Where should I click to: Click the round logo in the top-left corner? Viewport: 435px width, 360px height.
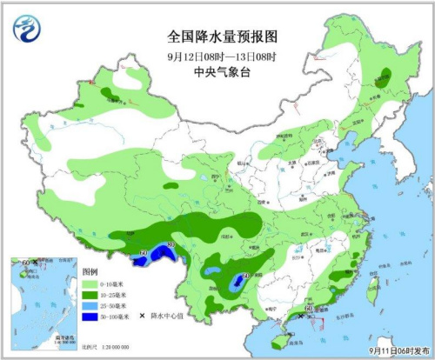click(25, 29)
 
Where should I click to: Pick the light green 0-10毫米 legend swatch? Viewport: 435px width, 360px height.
click(91, 284)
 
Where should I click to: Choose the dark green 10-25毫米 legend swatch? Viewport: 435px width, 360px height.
click(91, 296)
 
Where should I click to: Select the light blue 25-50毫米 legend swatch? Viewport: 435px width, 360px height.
click(91, 307)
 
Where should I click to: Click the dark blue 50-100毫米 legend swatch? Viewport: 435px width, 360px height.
click(91, 318)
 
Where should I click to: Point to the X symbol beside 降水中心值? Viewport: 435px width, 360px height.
click(142, 307)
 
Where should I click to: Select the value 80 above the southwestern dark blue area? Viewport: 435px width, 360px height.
click(171, 244)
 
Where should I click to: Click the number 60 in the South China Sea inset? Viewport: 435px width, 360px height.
click(26, 262)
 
